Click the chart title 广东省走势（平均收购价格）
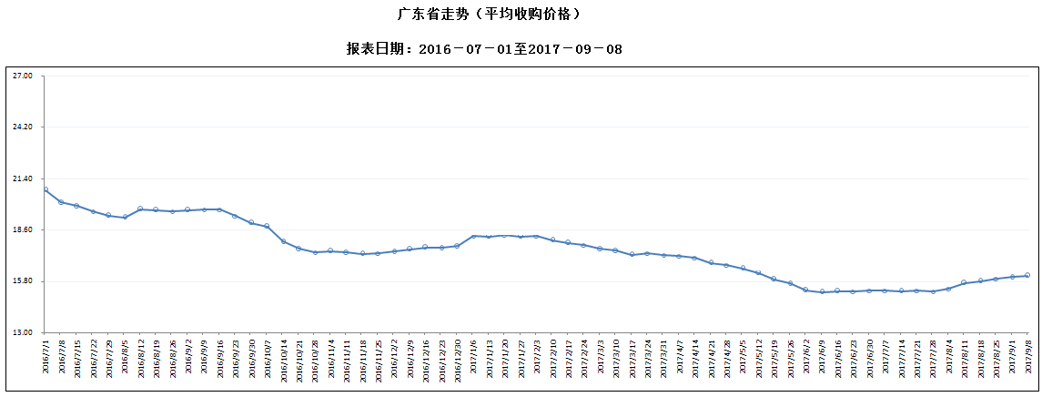point(489,15)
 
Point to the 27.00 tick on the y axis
point(23,76)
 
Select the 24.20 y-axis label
point(23,127)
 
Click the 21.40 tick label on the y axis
point(23,178)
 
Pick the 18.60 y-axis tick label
point(23,229)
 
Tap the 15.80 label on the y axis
point(23,281)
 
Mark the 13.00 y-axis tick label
point(23,332)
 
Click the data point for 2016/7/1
point(46,189)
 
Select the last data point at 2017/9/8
point(1027,275)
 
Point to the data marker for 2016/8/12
point(140,209)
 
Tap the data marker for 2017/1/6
point(473,237)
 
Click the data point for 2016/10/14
point(283,241)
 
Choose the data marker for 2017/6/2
point(806,290)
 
